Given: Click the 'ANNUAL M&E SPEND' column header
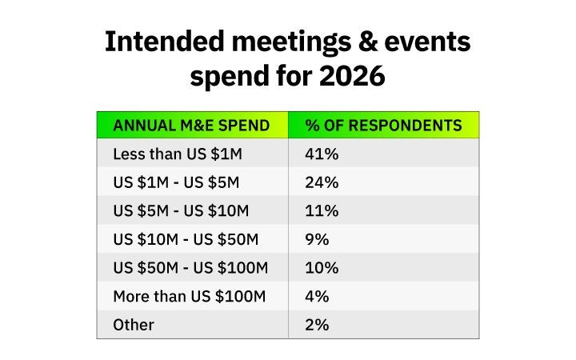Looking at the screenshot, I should pyautogui.click(x=192, y=126).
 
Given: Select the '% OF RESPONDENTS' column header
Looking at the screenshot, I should pyautogui.click(x=383, y=126).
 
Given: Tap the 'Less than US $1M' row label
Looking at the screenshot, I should pyautogui.click(x=170, y=154).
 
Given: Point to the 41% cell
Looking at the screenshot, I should pyautogui.click(x=322, y=154).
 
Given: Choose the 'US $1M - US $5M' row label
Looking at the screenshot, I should pyautogui.click(x=176, y=182).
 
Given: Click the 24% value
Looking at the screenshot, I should pyautogui.click(x=322, y=182).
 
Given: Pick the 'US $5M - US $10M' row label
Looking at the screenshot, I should pyautogui.click(x=181, y=211).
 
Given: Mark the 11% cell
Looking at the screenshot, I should pyautogui.click(x=321, y=211).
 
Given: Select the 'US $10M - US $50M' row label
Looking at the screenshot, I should pyautogui.click(x=186, y=239).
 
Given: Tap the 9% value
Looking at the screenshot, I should pyautogui.click(x=317, y=239).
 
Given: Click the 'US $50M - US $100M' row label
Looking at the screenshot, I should pyautogui.click(x=190, y=268).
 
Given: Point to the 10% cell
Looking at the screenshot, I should pyautogui.click(x=322, y=268).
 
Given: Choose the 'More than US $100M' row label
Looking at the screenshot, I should pyautogui.click(x=189, y=297).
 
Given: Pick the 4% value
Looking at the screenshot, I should pyautogui.click(x=317, y=297).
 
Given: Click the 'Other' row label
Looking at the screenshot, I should pyautogui.click(x=134, y=325).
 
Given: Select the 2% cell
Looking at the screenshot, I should pyautogui.click(x=317, y=325).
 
